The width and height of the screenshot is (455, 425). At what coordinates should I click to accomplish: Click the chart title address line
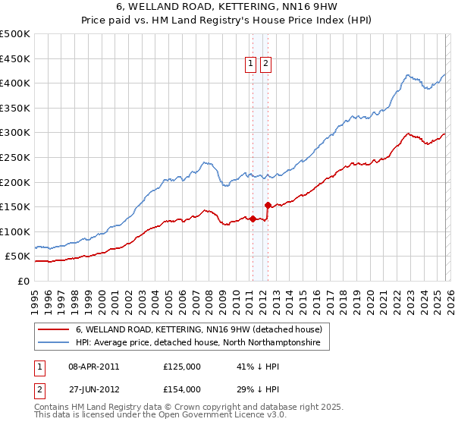pos(227,7)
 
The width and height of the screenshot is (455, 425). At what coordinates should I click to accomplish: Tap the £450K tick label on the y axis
pos(15,58)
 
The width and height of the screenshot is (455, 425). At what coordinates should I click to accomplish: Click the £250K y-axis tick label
pos(15,157)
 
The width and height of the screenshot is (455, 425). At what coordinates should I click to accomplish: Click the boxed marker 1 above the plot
pos(250,65)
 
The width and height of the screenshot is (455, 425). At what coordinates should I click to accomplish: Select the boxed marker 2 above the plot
pos(265,65)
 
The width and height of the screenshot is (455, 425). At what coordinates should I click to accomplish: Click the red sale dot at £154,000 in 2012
pos(268,205)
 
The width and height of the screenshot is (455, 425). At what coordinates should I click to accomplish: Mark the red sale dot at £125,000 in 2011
pos(252,219)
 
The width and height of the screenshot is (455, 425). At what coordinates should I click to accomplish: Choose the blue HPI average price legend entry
pos(198,343)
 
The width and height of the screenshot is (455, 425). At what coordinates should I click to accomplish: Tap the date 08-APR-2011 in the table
pos(94,366)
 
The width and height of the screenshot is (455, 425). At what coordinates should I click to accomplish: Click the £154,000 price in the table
pos(181,389)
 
